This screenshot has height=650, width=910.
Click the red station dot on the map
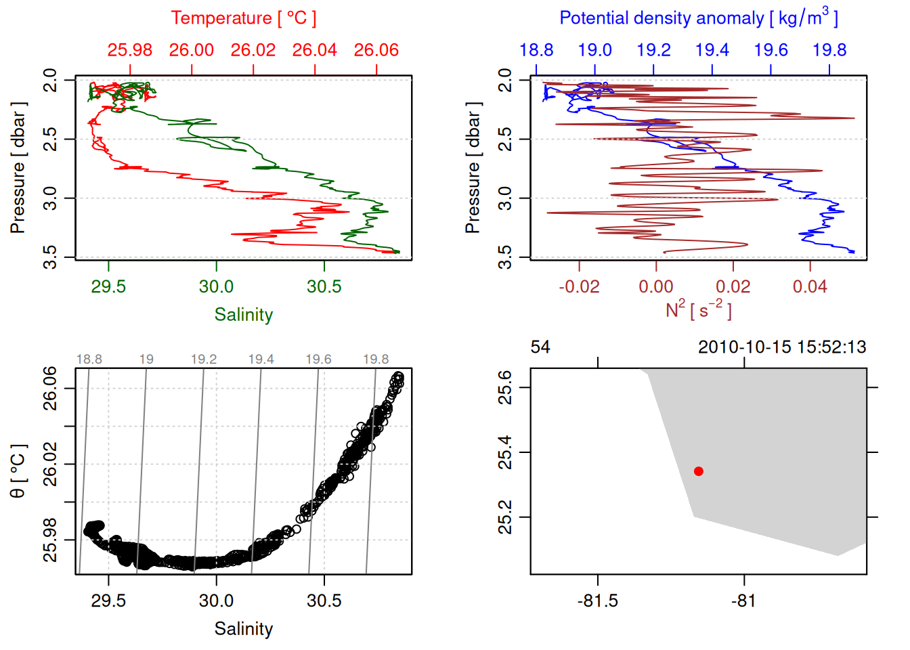[699, 471]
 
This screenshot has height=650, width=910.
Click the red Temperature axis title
[243, 18]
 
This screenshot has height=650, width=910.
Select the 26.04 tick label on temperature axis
[315, 50]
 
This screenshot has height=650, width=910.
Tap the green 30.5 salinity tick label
[324, 286]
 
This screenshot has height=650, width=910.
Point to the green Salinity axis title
[244, 315]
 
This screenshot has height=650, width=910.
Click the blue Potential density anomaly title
[698, 18]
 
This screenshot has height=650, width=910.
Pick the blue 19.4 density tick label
[712, 50]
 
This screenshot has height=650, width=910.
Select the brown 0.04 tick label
[810, 286]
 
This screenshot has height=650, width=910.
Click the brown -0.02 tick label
[579, 286]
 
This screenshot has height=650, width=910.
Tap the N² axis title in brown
[698, 310]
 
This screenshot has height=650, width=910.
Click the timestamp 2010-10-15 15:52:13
[782, 347]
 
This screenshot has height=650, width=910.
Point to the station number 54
[540, 347]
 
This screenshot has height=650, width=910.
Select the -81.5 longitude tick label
[598, 601]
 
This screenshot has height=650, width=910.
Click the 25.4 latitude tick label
[505, 452]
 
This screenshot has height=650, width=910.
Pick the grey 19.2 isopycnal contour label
[204, 360]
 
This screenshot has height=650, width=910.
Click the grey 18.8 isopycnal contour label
[89, 360]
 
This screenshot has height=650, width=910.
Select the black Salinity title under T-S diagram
[244, 629]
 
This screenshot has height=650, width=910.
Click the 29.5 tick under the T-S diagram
[108, 601]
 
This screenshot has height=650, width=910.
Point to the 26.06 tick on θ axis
[51, 388]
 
